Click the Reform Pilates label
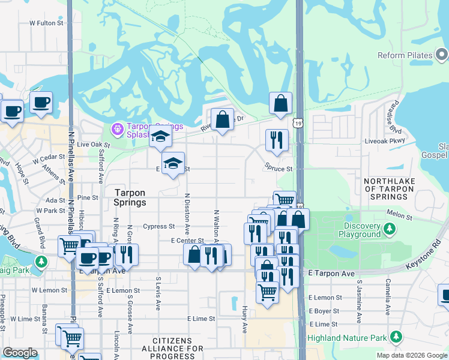pos(405,56)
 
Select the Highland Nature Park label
pos(347,338)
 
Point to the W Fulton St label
pos(46,23)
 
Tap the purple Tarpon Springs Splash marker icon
pos(116,128)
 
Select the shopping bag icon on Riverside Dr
pos(222,119)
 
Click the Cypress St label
pos(159,227)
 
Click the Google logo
pos(20,353)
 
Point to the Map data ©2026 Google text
pos(412,355)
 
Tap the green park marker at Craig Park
pos(41,262)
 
